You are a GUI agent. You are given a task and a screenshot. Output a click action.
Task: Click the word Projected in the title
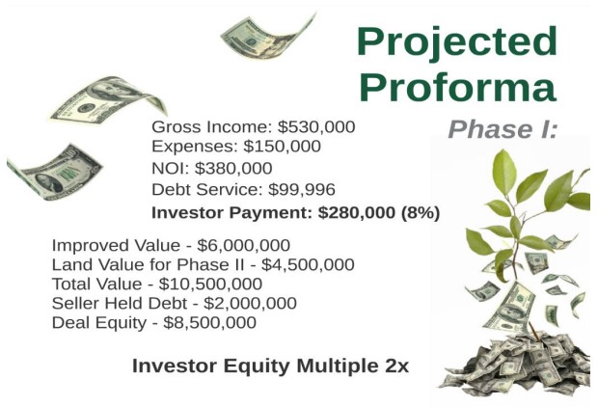point(457,43)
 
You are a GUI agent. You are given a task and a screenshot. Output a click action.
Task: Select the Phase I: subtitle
point(503,129)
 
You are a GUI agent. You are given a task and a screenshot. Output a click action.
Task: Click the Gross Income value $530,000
point(316,127)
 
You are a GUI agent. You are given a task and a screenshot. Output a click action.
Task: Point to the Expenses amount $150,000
point(283,146)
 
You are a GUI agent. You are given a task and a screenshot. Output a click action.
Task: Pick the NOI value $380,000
point(233,168)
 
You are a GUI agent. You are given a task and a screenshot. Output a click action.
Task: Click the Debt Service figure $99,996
point(302,190)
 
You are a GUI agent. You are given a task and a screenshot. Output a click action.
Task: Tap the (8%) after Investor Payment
point(421,212)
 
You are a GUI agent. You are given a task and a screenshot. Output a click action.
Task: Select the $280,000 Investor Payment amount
point(357,212)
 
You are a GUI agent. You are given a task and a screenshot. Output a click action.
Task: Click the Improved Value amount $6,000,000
point(243,245)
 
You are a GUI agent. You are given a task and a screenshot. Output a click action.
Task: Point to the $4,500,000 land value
point(308,264)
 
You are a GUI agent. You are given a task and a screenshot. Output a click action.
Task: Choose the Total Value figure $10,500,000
point(210,285)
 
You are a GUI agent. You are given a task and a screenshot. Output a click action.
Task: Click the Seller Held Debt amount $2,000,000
point(250,303)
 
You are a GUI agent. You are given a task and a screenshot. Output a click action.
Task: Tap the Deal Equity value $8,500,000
point(209,323)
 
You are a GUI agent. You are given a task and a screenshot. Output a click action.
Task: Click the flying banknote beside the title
point(268,37)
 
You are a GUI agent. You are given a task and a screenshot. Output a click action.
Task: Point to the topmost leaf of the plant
point(504,172)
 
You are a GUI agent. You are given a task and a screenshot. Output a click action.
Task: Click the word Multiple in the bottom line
point(336,366)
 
